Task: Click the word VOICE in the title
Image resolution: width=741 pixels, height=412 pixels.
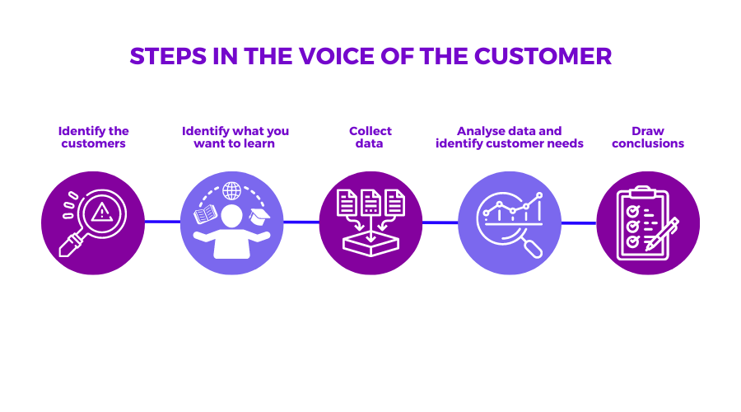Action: (x=337, y=56)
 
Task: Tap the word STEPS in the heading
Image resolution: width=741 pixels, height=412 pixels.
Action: (x=168, y=56)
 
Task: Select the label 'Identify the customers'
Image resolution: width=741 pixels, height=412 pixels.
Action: (x=94, y=137)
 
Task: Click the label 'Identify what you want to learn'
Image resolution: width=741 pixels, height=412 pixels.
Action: (x=235, y=137)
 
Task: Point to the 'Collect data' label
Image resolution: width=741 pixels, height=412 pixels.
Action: (x=370, y=137)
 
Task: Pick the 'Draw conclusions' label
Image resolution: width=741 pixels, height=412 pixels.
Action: (x=648, y=137)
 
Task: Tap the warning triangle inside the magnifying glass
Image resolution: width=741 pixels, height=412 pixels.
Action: (x=101, y=212)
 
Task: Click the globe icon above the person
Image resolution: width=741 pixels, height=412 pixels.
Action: (x=231, y=191)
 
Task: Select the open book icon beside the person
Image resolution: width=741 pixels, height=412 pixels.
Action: (x=206, y=214)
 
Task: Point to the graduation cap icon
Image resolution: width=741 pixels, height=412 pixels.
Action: (x=259, y=217)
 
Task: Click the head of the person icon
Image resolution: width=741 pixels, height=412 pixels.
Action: (x=231, y=216)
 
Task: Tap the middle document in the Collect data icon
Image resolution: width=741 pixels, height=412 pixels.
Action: (x=371, y=203)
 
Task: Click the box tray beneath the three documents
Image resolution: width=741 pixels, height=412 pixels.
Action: (x=371, y=244)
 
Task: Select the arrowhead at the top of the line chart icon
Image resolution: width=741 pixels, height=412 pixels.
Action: (x=539, y=195)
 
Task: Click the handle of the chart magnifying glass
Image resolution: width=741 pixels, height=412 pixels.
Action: (x=534, y=249)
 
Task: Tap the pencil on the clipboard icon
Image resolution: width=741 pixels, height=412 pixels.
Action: (x=662, y=234)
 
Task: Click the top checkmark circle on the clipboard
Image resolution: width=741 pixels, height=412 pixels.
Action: (x=632, y=210)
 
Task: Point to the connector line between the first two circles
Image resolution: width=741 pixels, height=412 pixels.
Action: (x=162, y=222)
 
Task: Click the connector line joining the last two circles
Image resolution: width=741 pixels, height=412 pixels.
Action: (x=579, y=222)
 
